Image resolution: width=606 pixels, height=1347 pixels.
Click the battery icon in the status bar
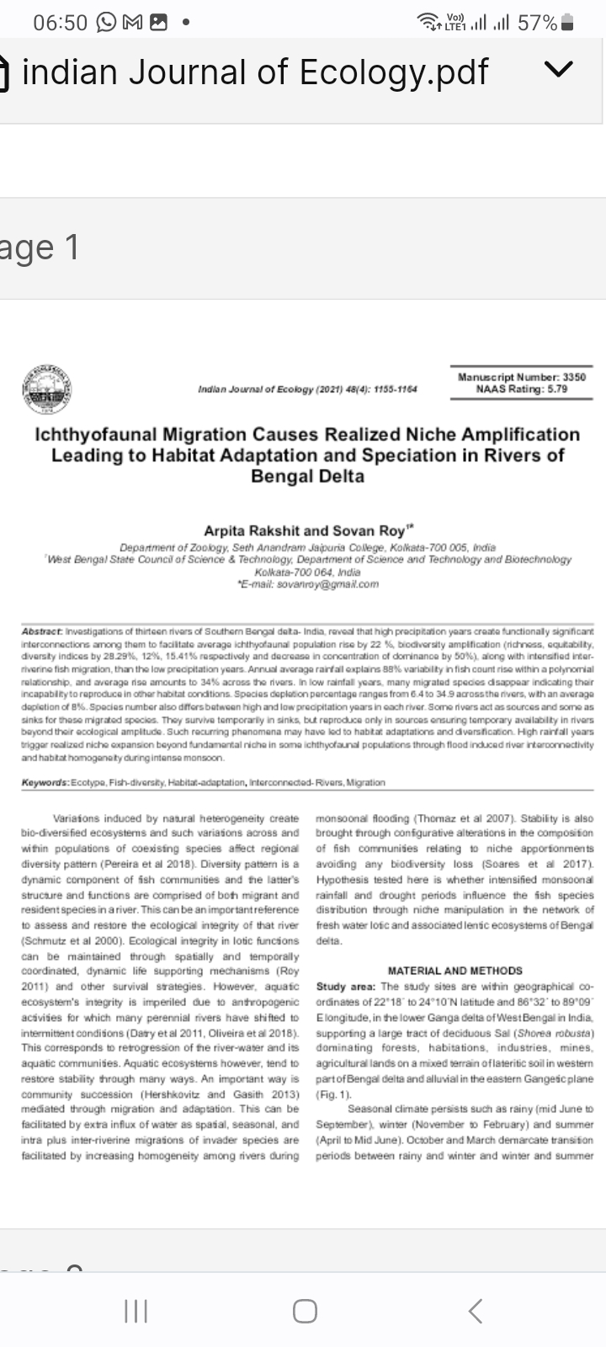click(568, 23)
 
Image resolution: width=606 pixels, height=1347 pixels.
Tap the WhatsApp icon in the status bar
click(107, 23)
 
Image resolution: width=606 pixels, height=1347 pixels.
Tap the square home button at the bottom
click(305, 1311)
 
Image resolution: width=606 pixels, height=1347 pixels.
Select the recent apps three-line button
click(136, 1311)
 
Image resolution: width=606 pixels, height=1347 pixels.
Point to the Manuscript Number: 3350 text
click(522, 377)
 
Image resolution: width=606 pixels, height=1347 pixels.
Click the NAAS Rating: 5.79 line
click(522, 389)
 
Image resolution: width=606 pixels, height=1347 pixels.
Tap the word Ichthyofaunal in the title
click(95, 434)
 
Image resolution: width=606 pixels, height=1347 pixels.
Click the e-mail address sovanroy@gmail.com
click(313, 583)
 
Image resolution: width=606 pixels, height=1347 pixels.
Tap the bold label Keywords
click(45, 782)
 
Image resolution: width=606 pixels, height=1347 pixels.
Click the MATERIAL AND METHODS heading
click(454, 971)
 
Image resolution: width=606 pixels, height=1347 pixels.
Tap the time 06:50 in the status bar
click(60, 23)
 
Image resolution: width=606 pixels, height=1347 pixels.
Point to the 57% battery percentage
click(537, 23)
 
